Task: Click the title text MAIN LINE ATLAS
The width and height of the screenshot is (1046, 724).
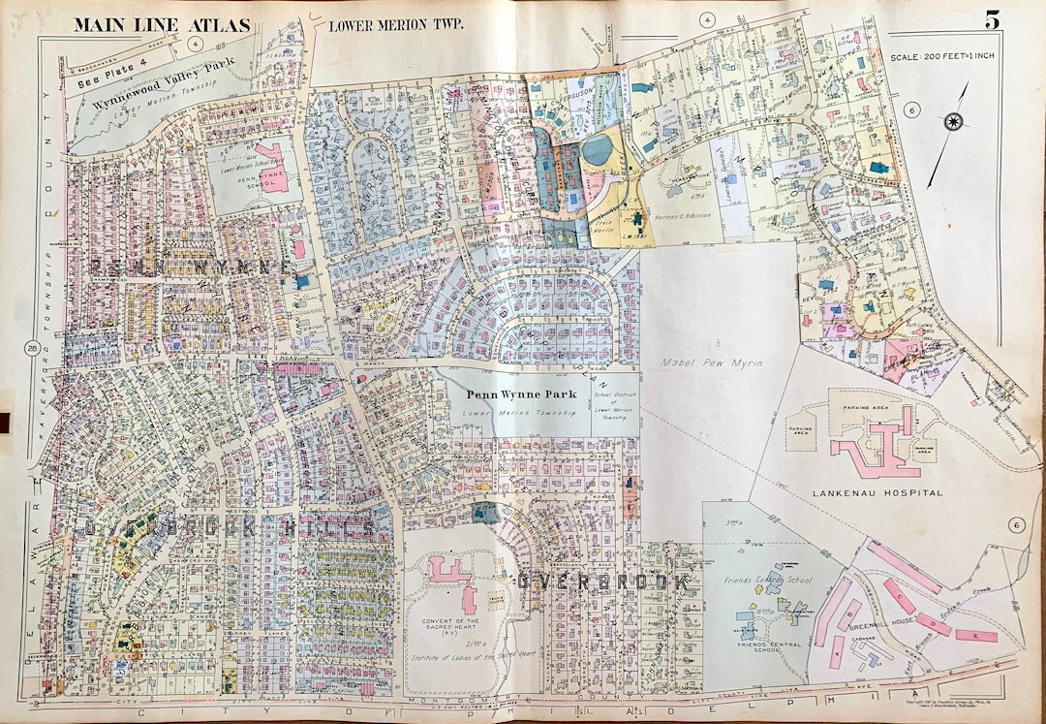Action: coord(162,24)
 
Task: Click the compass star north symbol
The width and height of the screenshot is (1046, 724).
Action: coord(953,121)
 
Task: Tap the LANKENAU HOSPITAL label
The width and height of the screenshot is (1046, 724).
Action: coord(884,492)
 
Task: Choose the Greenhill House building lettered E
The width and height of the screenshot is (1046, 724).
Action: coord(975,636)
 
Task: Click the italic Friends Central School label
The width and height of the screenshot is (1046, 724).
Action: coord(765,582)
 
